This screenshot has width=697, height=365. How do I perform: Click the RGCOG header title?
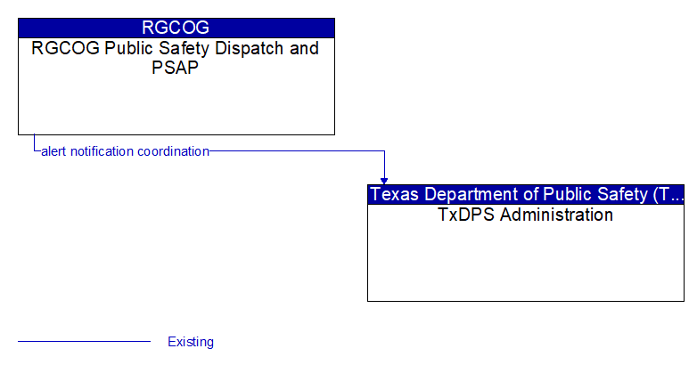[176, 28]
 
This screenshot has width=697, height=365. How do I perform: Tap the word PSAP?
[175, 68]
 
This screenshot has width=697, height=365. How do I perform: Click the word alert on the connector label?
[53, 151]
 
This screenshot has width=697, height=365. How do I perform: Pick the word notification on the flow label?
[102, 151]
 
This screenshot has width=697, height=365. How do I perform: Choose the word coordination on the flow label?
[174, 151]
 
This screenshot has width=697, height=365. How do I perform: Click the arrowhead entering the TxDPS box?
[384, 181]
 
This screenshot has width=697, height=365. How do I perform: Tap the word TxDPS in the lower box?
[466, 215]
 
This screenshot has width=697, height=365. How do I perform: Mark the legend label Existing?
[191, 342]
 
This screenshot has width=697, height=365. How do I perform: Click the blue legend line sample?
[84, 342]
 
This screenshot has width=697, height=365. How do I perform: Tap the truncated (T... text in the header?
[668, 194]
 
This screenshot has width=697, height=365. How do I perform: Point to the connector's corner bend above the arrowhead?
[384, 151]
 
